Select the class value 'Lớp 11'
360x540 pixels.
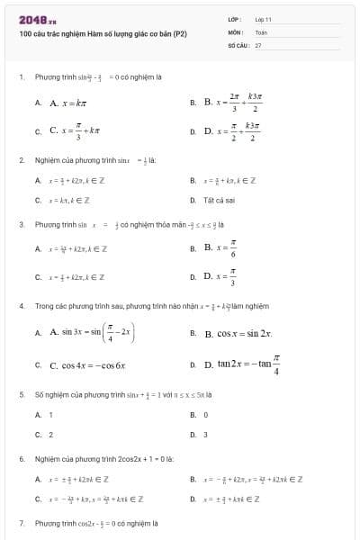coord(264,18)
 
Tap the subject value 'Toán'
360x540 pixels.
coord(262,31)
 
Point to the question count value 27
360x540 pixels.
coord(258,44)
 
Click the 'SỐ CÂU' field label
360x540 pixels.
coord(238,44)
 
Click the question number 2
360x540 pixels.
coord(22,160)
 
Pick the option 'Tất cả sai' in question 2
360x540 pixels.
coord(220,200)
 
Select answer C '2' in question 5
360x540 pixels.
coord(50,435)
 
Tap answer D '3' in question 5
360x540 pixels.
coord(205,435)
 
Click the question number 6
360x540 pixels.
coord(22,459)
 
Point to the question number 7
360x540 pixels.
coord(22,523)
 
